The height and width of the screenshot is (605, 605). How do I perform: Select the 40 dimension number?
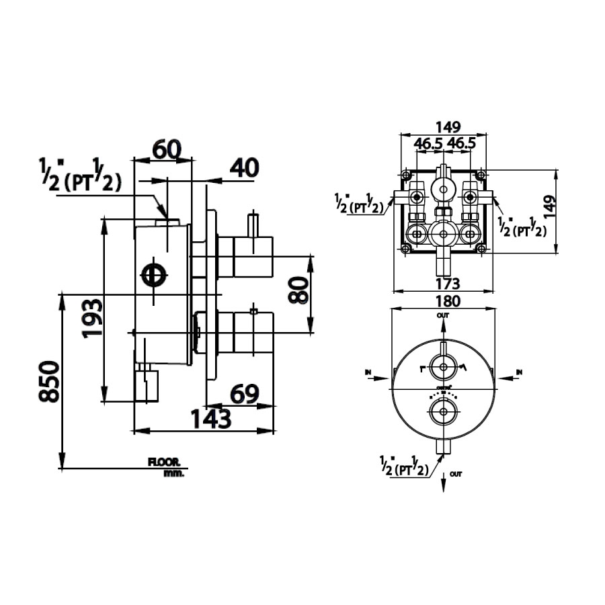(x=243, y=168)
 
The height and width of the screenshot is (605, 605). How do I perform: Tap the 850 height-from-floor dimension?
(x=48, y=381)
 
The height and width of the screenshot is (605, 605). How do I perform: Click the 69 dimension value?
(x=245, y=394)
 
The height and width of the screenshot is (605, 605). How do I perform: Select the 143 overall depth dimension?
(x=209, y=419)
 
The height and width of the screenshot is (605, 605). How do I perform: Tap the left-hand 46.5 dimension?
(x=428, y=144)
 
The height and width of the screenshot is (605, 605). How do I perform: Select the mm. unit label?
(x=173, y=473)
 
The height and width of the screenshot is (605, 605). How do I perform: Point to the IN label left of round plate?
(x=367, y=371)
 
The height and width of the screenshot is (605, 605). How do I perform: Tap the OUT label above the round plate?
(x=443, y=315)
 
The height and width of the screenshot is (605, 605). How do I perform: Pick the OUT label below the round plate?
(x=456, y=475)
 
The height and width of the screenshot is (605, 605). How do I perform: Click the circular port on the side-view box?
(x=154, y=275)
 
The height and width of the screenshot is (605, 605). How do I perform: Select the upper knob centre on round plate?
(x=443, y=367)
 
